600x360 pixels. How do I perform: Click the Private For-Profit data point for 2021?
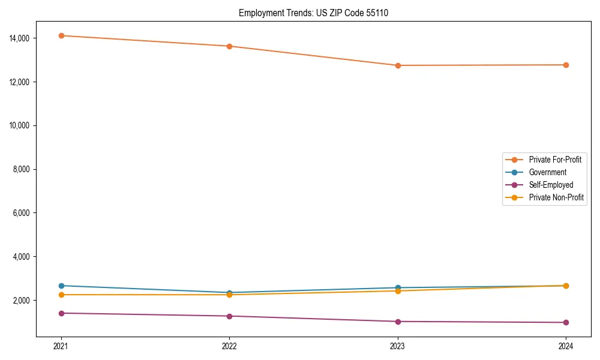point(61,35)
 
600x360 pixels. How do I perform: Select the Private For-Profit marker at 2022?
point(229,46)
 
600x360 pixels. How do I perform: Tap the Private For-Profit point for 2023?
point(397,65)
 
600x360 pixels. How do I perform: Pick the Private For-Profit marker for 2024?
point(566,65)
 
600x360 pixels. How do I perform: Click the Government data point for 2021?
point(61,286)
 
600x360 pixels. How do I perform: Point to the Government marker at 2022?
point(229,293)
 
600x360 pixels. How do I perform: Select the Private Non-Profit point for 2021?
point(61,295)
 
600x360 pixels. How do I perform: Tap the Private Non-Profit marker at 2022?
point(229,295)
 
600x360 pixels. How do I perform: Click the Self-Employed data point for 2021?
point(61,313)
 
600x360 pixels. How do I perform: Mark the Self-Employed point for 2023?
point(397,322)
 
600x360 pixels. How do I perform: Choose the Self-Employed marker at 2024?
point(566,322)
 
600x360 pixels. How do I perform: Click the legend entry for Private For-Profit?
point(554,160)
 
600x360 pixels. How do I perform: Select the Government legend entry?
point(547,172)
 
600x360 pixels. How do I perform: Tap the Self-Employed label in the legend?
point(551,185)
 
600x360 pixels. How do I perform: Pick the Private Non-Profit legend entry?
point(556,197)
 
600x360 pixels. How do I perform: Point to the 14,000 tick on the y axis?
point(20,38)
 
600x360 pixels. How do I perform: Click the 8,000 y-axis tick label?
point(22,169)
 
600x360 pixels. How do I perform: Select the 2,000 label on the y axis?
point(22,301)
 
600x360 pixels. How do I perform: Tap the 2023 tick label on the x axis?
point(397,346)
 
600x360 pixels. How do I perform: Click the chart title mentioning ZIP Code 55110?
point(313,13)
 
